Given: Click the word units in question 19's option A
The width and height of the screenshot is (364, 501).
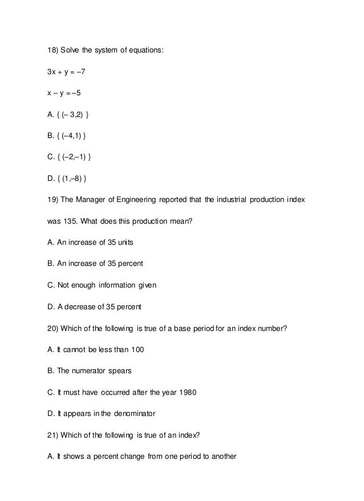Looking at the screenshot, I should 125,244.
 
